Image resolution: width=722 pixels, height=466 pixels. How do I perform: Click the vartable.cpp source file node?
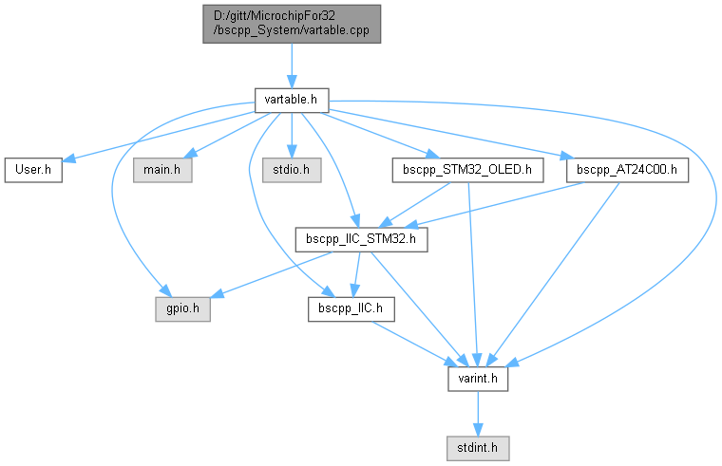291,23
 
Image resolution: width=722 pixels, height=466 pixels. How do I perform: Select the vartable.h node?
291,98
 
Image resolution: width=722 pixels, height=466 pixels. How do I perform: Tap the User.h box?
33,170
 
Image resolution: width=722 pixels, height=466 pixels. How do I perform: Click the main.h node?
161,170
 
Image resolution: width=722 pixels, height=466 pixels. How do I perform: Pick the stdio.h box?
292,170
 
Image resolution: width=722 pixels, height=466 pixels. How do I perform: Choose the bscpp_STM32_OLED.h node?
466,170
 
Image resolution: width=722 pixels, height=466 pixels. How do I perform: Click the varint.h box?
479,378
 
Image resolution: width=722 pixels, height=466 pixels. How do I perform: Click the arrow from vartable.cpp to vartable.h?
291,64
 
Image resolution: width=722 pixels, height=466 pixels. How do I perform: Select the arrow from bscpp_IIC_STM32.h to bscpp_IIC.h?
357,274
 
